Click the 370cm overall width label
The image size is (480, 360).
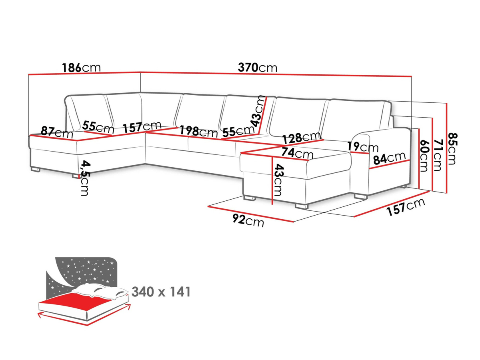click(257, 68)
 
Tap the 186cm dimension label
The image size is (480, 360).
click(81, 68)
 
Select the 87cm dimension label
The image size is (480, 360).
click(57, 132)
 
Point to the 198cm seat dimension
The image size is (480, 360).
click(198, 132)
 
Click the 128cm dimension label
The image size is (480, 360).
click(302, 138)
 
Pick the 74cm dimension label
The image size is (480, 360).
click(297, 153)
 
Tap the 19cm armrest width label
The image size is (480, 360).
click(362, 147)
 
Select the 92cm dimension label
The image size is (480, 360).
click(248, 220)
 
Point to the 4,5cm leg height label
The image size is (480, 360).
click(85, 178)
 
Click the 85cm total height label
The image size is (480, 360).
click(452, 149)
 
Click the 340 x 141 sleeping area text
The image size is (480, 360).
click(161, 292)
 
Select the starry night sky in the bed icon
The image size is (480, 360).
click(85, 273)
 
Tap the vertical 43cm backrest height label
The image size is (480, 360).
click(258, 111)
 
